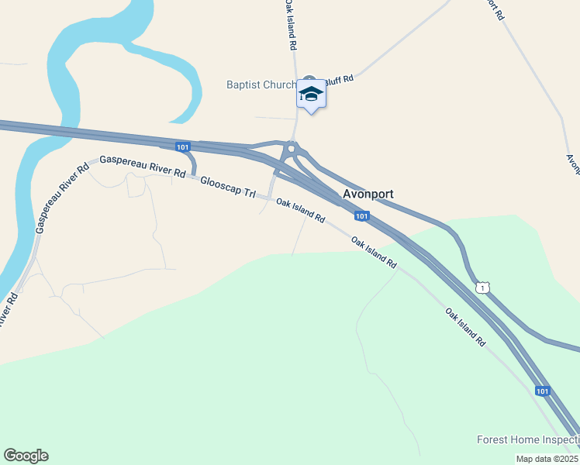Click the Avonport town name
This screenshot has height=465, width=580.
point(368,194)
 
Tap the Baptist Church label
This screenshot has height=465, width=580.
point(261,84)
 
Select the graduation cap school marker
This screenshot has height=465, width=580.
point(311,94)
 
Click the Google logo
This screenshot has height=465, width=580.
point(26,456)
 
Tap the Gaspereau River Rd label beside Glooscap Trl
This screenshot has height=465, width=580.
point(143,165)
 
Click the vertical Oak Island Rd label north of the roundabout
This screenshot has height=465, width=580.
point(289,26)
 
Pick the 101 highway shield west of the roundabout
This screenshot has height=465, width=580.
point(182,147)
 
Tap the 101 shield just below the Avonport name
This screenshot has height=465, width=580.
point(361,215)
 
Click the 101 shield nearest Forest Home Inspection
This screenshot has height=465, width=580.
point(542,391)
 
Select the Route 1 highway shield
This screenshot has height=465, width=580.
point(483,288)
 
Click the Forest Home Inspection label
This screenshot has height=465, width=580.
point(527,440)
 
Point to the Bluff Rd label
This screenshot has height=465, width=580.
point(339,78)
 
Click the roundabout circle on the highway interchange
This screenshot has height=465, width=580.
point(292,148)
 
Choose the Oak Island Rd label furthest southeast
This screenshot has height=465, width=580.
point(465,326)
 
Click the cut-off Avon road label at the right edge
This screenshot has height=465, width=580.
point(573,164)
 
